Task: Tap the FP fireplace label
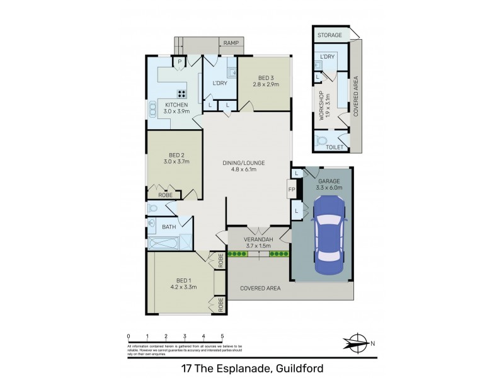click(291, 189)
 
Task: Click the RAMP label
click(227, 43)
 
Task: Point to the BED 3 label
click(264, 77)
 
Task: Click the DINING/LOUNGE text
click(244, 163)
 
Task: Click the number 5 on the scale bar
click(222, 336)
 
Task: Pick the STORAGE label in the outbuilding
click(329, 35)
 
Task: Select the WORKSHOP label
click(321, 106)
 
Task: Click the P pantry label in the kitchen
click(180, 61)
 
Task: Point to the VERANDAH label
click(258, 239)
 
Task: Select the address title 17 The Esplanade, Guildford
click(251, 367)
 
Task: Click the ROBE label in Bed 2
click(166, 195)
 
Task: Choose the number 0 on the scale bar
click(128, 336)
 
